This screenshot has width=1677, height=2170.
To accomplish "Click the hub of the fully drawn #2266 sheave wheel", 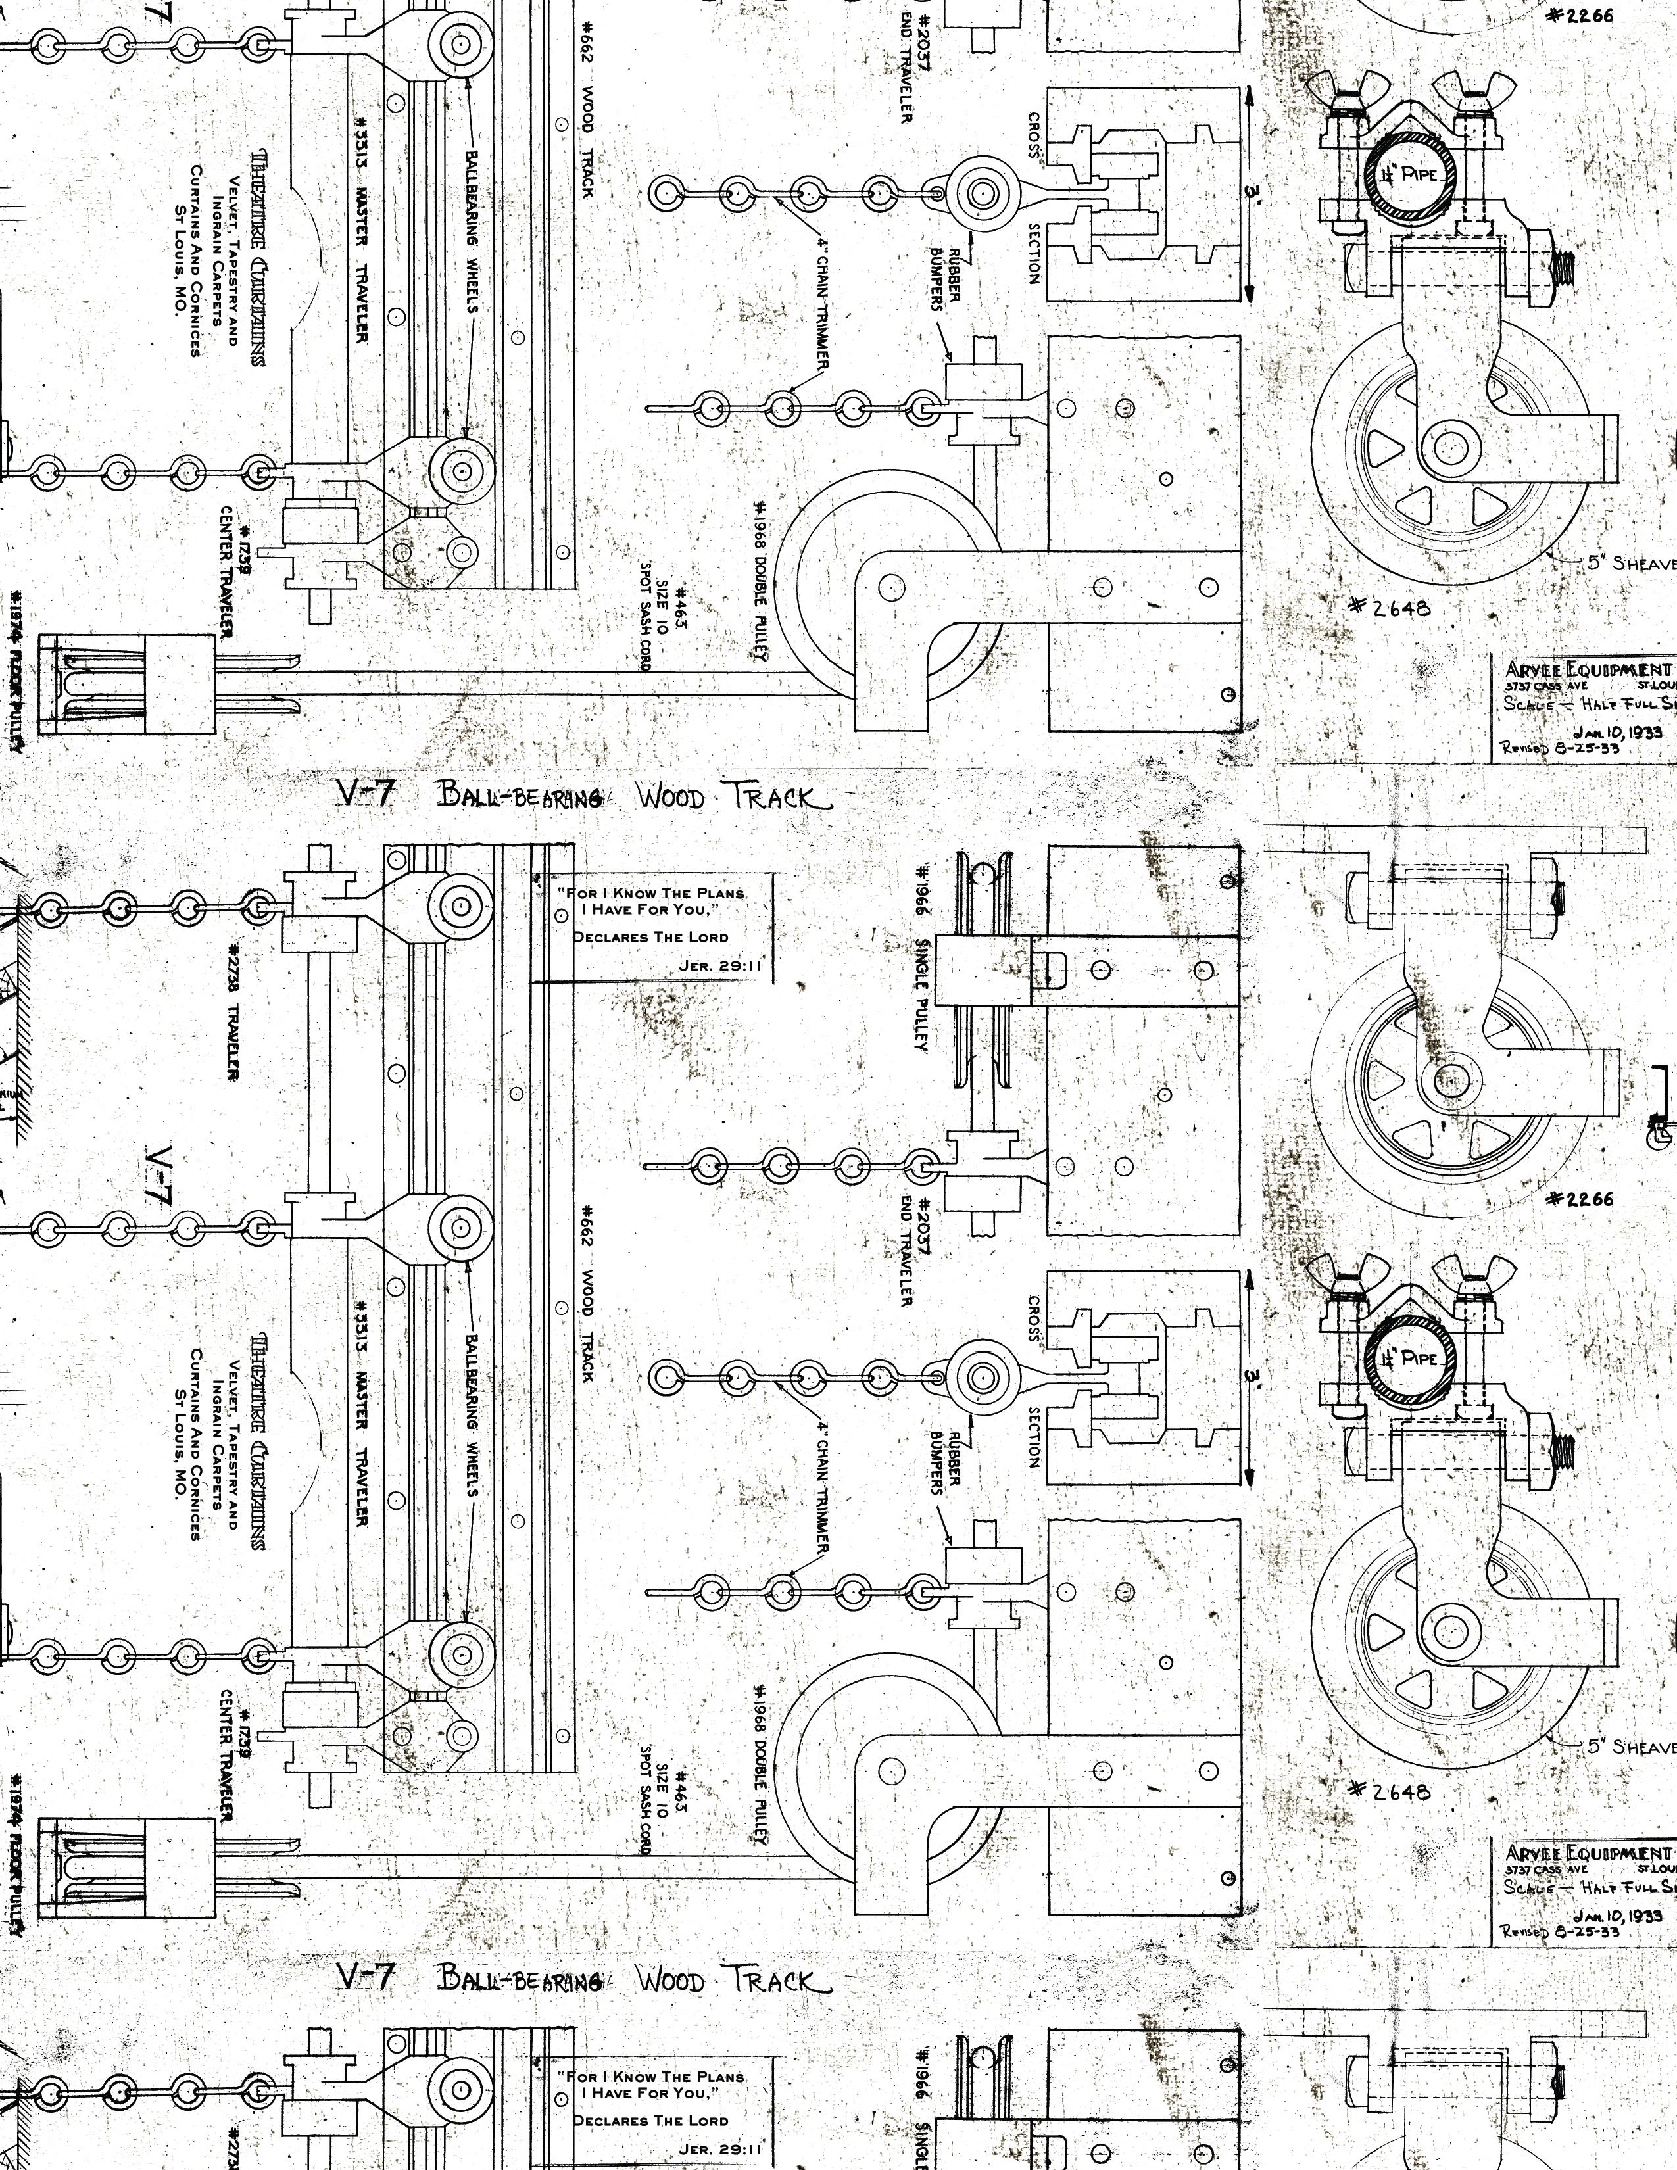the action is tap(1451, 1078).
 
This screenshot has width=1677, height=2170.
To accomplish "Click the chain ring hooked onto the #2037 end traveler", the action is tap(923, 1165).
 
